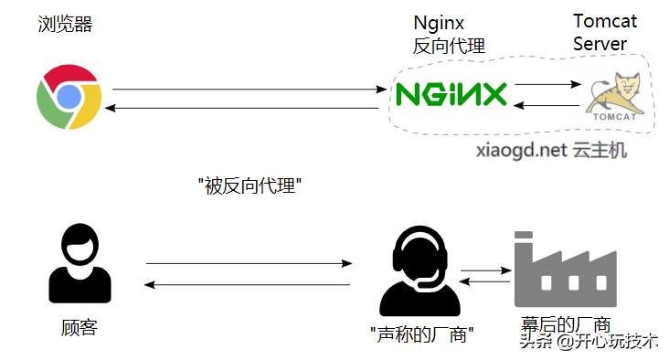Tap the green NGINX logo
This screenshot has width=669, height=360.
(x=451, y=94)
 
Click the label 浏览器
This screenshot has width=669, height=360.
(x=66, y=24)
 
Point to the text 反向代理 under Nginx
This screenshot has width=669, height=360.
(x=449, y=46)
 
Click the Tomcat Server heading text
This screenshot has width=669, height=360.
(x=604, y=32)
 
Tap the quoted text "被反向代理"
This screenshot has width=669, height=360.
(x=250, y=186)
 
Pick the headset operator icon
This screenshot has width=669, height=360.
(x=419, y=271)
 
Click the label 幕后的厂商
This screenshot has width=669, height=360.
(x=567, y=323)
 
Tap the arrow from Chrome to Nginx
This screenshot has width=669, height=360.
(x=247, y=89)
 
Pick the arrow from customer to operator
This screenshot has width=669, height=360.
(x=249, y=264)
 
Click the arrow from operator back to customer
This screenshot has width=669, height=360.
(x=249, y=284)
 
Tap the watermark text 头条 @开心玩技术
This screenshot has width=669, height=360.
(x=589, y=342)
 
